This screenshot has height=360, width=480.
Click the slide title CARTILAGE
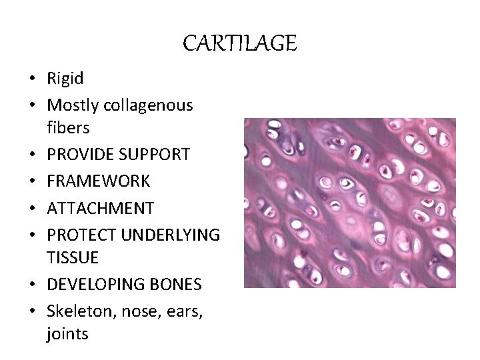pyautogui.click(x=239, y=43)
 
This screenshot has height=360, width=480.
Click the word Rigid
pyautogui.click(x=65, y=79)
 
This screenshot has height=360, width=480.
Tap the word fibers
pyautogui.click(x=68, y=127)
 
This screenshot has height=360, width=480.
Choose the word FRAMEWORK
pyautogui.click(x=99, y=181)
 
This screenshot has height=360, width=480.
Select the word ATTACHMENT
pyautogui.click(x=101, y=208)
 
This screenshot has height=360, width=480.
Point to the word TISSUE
pyautogui.click(x=73, y=257)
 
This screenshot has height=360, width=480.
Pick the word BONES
pyautogui.click(x=177, y=285)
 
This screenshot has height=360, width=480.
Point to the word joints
pyautogui.click(x=67, y=333)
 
